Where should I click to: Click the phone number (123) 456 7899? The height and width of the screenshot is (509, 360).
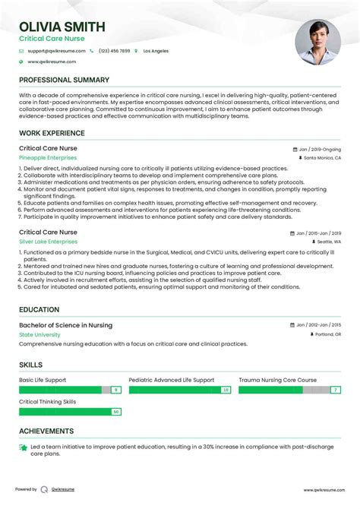pos(115,51)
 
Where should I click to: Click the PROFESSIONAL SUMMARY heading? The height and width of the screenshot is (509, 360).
pos(64,80)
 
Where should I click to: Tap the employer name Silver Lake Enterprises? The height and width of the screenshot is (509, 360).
pos(51,241)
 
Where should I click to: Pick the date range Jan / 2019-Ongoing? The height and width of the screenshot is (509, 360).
pos(319,149)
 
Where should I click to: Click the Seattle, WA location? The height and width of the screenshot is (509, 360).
pos(328,242)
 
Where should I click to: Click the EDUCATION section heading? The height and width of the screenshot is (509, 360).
pos(39,309)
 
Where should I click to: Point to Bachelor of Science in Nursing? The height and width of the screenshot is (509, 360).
pos(65,325)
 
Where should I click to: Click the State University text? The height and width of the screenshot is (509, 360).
pos(39,334)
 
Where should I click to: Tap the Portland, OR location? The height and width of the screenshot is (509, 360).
pos(327,334)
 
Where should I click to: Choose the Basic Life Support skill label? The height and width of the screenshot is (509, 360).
pos(43,380)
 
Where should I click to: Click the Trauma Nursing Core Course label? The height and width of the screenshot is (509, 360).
pos(277,380)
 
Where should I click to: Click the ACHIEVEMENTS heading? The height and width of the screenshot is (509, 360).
pos(46,431)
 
